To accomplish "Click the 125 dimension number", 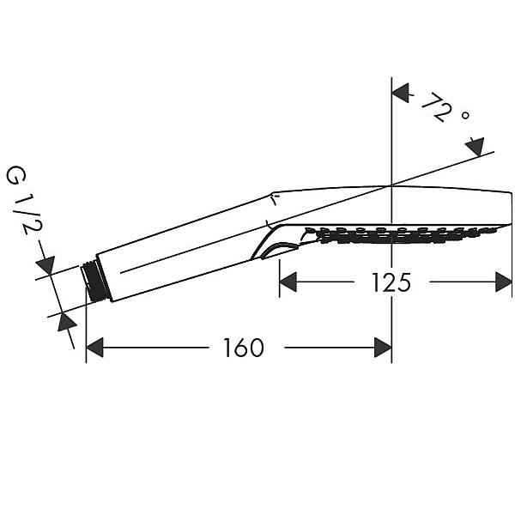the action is [x=391, y=282].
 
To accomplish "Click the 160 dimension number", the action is [x=244, y=348].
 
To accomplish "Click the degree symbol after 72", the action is [x=465, y=115].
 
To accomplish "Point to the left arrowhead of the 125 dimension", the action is [x=288, y=282].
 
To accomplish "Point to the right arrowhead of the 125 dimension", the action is [x=504, y=282].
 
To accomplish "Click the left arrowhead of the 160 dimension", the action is [x=94, y=347].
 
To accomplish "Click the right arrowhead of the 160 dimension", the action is [x=383, y=347].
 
